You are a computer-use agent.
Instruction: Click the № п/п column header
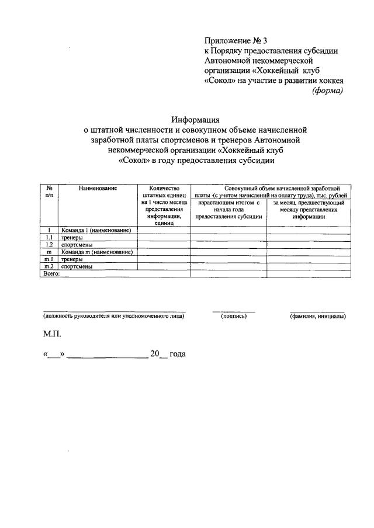pyautogui.click(x=50, y=192)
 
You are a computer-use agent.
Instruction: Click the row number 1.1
pyautogui.click(x=50, y=238)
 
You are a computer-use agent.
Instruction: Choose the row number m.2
pyautogui.click(x=50, y=266)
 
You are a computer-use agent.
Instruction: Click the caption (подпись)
pyautogui.click(x=234, y=316)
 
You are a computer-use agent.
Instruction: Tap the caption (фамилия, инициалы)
pyautogui.click(x=317, y=316)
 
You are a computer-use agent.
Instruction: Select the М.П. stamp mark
pyautogui.click(x=51, y=335)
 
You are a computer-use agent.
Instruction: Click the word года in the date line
pyautogui.click(x=177, y=355)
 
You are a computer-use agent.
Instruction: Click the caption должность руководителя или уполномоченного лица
pyautogui.click(x=114, y=316)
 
